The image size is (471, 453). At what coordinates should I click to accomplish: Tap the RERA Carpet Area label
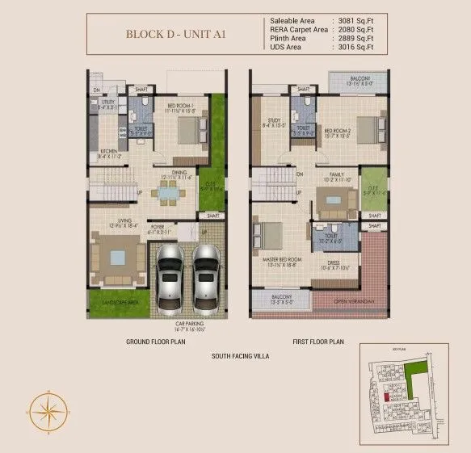(x=298, y=29)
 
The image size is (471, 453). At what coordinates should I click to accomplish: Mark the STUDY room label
(x=269, y=121)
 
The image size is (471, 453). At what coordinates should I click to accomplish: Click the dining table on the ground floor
(x=169, y=193)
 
